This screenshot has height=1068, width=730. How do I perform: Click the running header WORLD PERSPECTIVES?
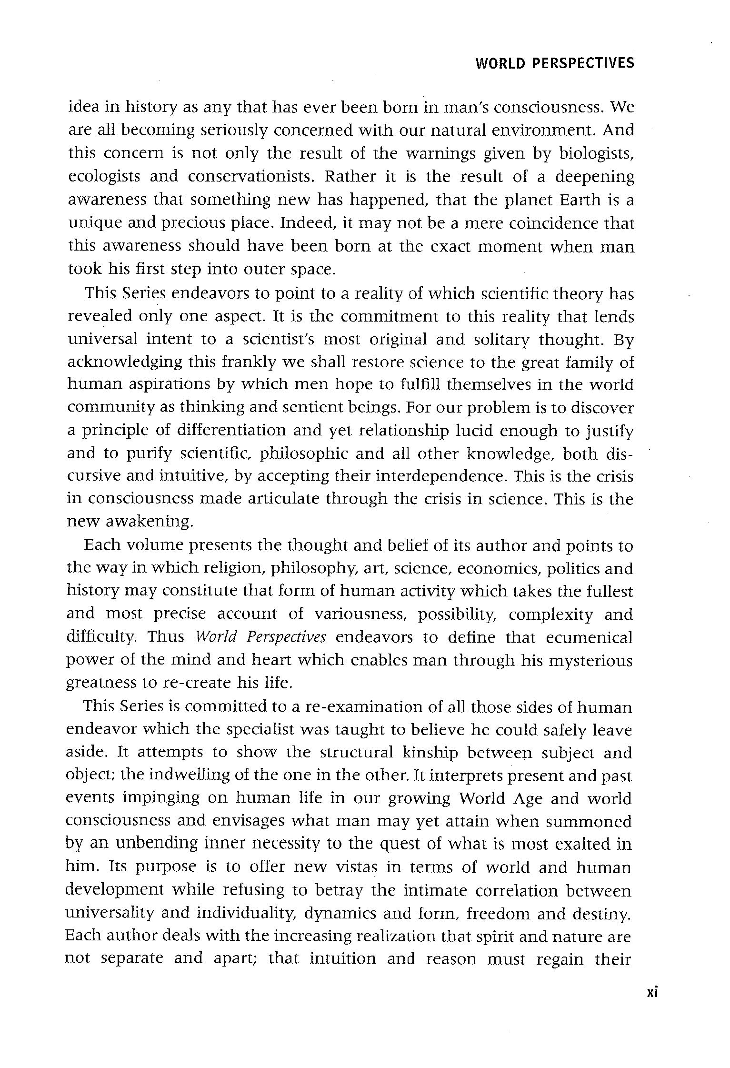pyautogui.click(x=555, y=63)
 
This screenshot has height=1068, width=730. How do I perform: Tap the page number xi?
pyautogui.click(x=652, y=993)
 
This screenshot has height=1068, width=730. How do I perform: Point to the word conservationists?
pyautogui.click(x=250, y=177)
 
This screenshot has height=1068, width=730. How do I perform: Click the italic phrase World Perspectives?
pyautogui.click(x=261, y=637)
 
